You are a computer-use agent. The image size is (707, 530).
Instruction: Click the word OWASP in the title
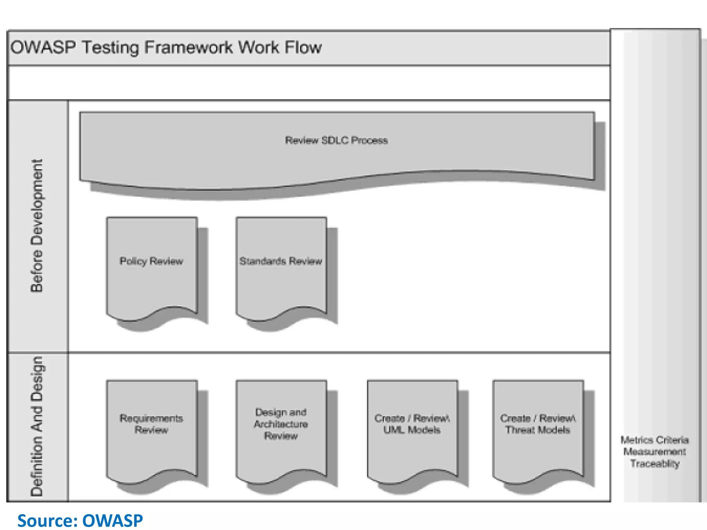click(x=43, y=47)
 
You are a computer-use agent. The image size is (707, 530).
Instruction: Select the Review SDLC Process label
click(x=336, y=140)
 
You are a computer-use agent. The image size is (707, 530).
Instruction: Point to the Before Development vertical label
click(x=37, y=226)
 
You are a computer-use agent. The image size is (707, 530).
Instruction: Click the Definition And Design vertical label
click(x=37, y=426)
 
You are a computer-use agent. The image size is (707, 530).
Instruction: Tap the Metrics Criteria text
click(x=655, y=440)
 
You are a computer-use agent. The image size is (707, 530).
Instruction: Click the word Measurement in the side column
click(x=655, y=452)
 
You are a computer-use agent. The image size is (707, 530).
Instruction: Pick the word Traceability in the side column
click(x=655, y=463)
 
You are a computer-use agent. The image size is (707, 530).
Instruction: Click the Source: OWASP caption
click(x=80, y=520)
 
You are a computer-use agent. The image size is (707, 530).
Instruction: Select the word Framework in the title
click(x=188, y=47)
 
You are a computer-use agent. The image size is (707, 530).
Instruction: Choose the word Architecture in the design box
click(x=281, y=424)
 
